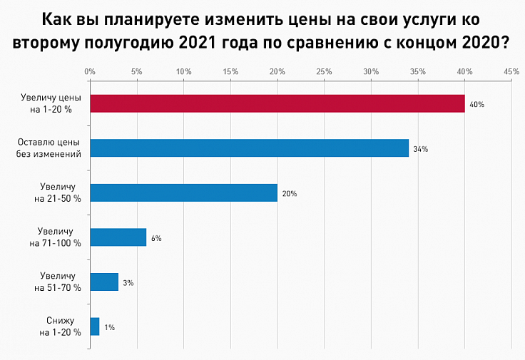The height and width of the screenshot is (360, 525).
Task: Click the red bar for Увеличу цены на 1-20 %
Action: (x=277, y=104)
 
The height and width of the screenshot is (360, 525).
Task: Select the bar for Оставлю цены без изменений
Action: (x=249, y=148)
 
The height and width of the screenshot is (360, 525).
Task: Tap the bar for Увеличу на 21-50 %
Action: (x=183, y=192)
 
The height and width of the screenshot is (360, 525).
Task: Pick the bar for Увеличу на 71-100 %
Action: (x=118, y=237)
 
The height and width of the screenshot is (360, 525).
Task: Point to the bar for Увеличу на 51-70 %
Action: (x=104, y=282)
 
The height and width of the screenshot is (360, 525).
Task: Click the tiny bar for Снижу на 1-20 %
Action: (x=95, y=326)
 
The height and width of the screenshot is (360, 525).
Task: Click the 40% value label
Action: (x=477, y=105)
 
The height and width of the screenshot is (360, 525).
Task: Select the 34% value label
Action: (x=420, y=149)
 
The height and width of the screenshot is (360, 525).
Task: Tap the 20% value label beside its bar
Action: (x=289, y=194)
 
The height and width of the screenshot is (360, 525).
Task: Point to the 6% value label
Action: (x=156, y=238)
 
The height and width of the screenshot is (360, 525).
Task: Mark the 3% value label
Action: (x=128, y=283)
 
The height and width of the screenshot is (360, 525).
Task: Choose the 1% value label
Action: (x=109, y=327)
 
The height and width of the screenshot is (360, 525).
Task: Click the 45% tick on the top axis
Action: (x=511, y=72)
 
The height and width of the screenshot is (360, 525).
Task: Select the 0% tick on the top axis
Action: (x=90, y=72)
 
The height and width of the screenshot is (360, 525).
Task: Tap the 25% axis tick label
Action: (x=324, y=72)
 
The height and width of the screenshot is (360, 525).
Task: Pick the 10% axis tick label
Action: (x=183, y=72)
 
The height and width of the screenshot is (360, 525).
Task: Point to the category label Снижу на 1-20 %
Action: (x=60, y=326)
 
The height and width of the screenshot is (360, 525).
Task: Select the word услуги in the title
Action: (x=412, y=18)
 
